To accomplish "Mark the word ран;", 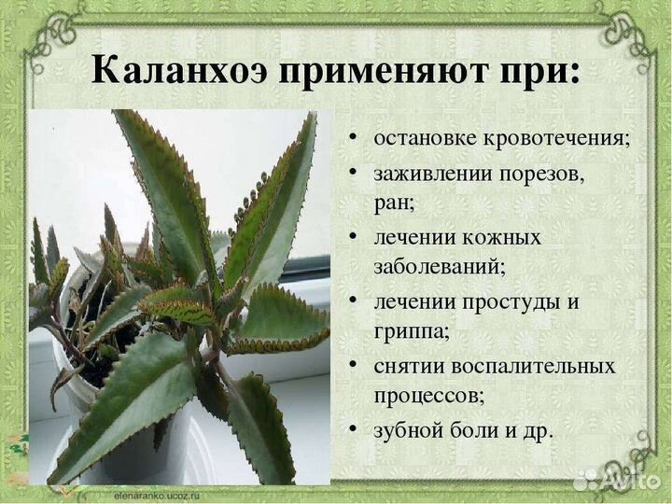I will [393, 201].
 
